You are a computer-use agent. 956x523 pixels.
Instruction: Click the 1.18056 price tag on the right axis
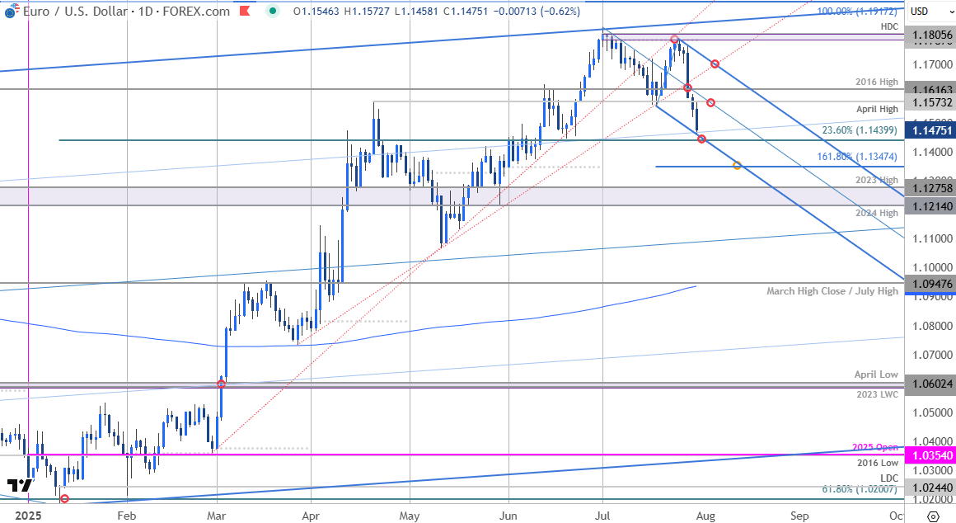coord(930,35)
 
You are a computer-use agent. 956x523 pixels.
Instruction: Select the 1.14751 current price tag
coord(930,130)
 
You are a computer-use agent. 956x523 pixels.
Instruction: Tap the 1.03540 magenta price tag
coord(930,455)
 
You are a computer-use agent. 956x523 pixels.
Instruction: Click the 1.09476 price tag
coord(930,284)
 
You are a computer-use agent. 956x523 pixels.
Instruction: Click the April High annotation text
coord(877,109)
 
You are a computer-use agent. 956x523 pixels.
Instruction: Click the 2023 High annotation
coord(877,180)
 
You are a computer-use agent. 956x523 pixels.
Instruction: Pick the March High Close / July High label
coord(832,291)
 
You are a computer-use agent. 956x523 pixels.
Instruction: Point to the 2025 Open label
coord(875,446)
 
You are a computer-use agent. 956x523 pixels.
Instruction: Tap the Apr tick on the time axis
coord(311,516)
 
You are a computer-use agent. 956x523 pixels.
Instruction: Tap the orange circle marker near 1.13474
coord(737,166)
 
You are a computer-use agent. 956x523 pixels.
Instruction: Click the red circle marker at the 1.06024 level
coord(221,383)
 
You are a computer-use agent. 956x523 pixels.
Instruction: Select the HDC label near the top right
coord(888,26)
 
